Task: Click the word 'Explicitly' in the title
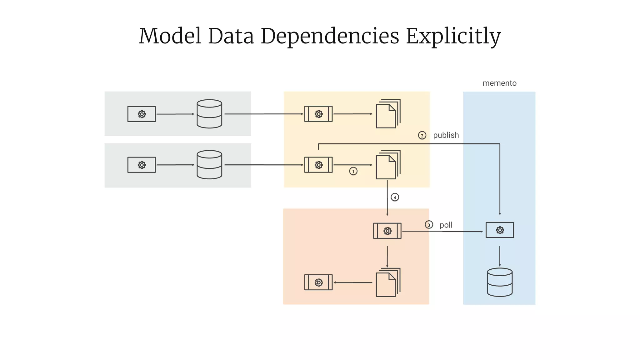coord(453,36)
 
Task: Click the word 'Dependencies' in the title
coord(330,36)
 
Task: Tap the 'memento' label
coord(499,83)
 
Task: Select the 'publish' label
coord(446,135)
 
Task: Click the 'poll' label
coord(446,225)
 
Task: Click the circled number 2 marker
coord(422,135)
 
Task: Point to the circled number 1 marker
coord(353,171)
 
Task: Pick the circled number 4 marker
coord(395,197)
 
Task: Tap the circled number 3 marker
coord(429,225)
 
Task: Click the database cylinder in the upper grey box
coord(209,114)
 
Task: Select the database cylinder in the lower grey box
coord(209,165)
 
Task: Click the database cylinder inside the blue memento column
coord(500,282)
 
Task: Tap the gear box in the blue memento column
coord(499,230)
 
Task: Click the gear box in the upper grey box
coord(142,114)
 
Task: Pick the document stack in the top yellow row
coord(388,114)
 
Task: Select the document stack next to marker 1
coord(388,165)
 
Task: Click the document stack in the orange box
coord(388,282)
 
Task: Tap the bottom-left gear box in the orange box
coord(318,282)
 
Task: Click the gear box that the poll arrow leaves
coord(387,231)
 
